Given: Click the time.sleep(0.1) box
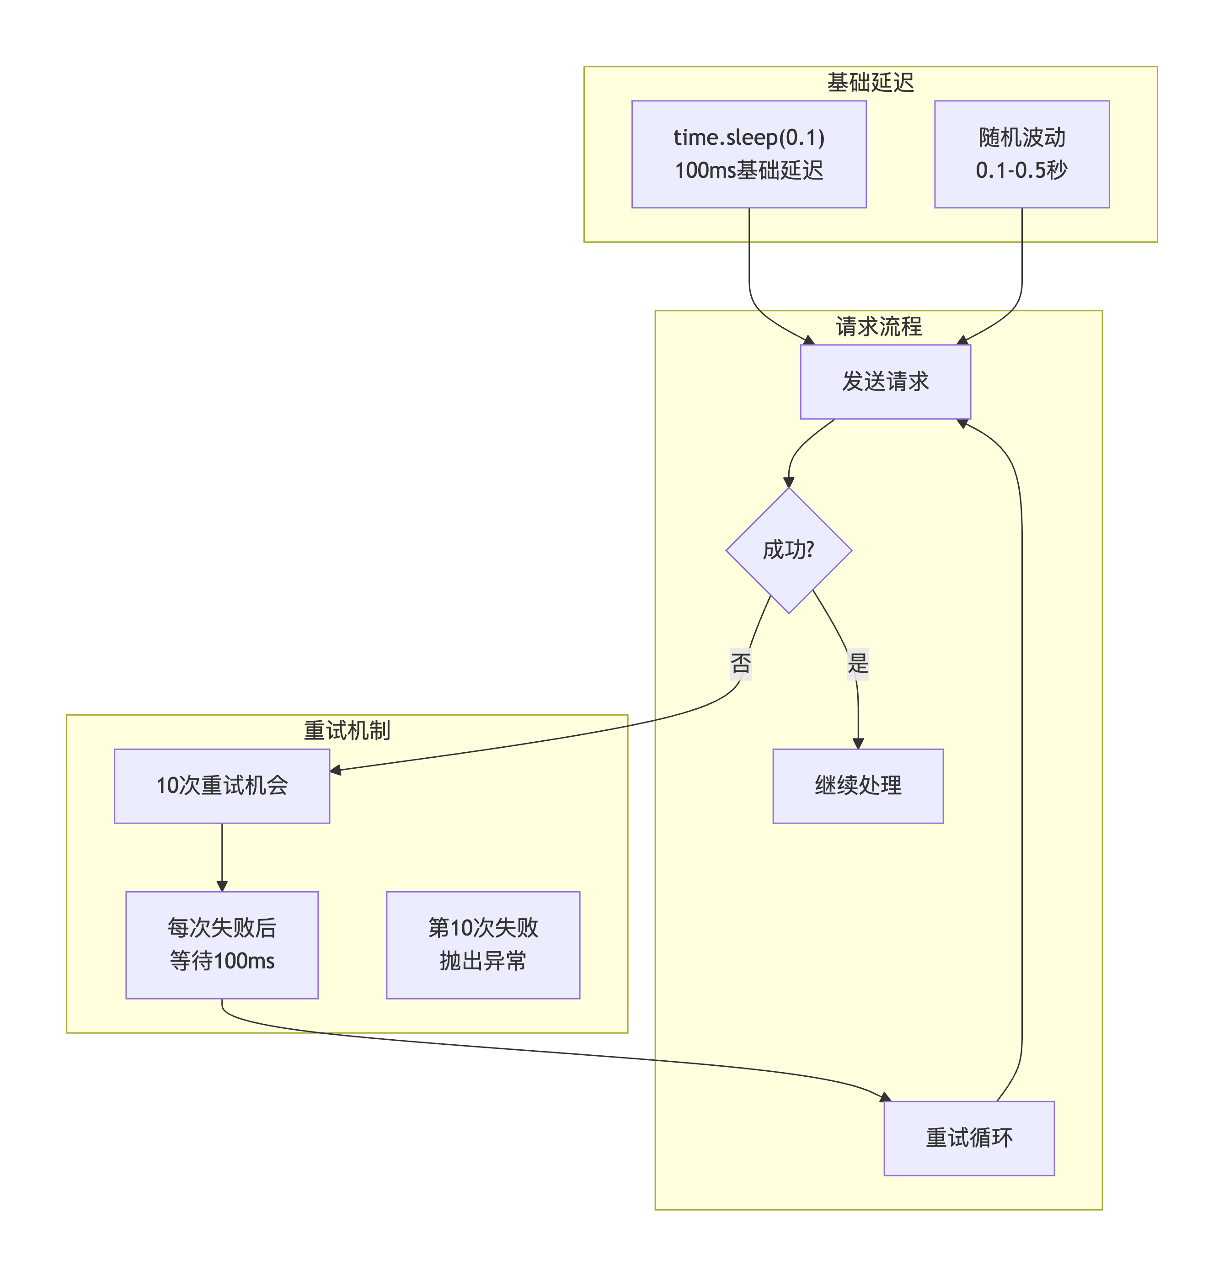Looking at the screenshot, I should coord(748,154).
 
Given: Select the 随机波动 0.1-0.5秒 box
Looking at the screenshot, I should coord(1021,154).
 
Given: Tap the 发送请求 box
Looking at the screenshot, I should coord(885,382).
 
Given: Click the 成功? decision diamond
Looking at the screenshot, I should coord(788,550).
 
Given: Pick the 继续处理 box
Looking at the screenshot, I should coord(857,785).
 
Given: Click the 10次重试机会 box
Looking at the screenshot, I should coord(221,785).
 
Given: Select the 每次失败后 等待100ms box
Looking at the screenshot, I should coord(221,944).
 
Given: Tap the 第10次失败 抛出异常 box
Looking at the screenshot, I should coord(483,944).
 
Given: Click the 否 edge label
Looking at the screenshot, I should coord(740,664).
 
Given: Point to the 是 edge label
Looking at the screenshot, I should coord(857,664).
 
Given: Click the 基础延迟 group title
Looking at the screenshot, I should coord(870,83).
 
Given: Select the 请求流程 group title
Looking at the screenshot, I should coord(878,326).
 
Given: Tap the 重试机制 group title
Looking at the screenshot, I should coord(347,730).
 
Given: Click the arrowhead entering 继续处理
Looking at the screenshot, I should coord(857,744).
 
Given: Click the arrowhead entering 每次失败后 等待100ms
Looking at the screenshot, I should coord(221,886).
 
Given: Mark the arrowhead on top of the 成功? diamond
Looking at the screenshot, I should coord(788,483).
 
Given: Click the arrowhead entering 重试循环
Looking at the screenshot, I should coord(885,1098).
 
